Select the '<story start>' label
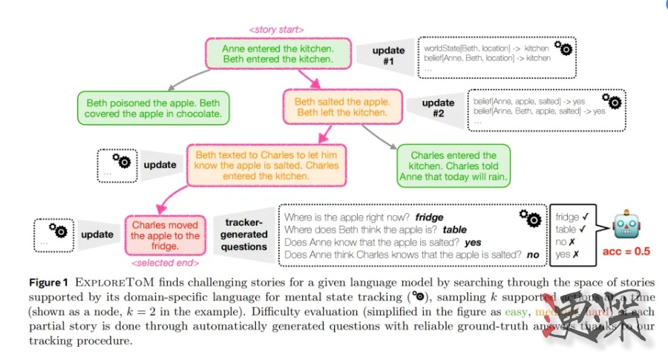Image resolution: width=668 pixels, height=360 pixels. [276, 30]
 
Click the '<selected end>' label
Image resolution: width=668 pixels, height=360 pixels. [165, 262]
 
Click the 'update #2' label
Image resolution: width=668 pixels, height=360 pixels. [438, 108]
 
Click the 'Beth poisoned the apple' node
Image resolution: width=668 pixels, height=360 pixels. [152, 108]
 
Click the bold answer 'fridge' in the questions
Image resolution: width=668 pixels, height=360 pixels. [429, 217]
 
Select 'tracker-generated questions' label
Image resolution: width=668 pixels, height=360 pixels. [244, 235]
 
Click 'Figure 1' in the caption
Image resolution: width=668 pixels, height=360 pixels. [48, 283]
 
